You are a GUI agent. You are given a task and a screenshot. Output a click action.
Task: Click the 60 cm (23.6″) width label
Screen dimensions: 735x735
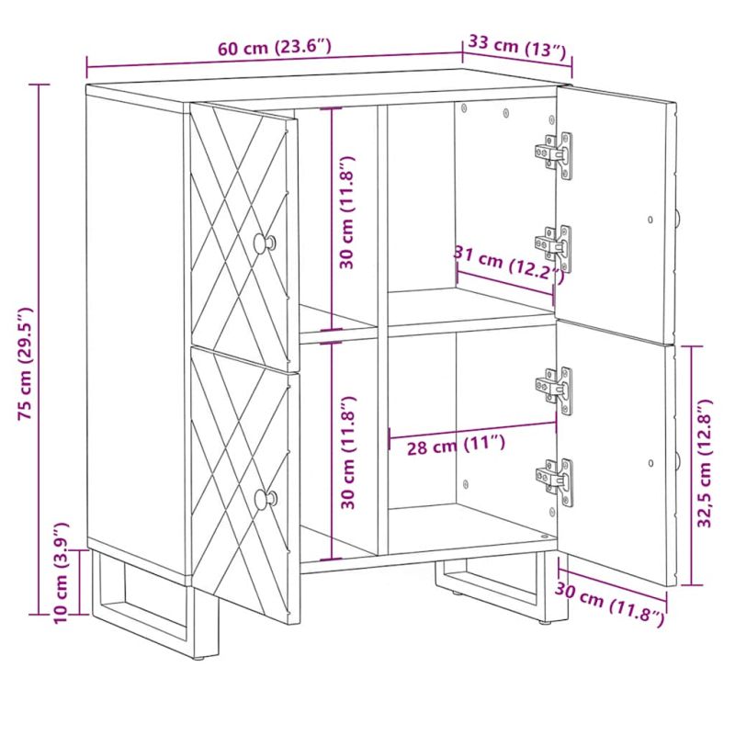275,48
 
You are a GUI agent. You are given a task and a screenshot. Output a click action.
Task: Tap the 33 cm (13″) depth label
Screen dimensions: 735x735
517,46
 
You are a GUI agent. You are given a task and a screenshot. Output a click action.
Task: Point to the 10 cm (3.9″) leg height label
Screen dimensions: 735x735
62,572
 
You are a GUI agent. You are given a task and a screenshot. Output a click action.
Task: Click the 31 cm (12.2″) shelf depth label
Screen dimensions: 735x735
509,265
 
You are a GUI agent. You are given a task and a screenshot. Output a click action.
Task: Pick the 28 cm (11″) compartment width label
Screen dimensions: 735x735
456,445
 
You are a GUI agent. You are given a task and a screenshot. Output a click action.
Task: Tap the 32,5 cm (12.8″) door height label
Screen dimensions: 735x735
705,464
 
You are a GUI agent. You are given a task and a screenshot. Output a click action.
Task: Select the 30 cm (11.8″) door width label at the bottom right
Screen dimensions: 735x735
610,605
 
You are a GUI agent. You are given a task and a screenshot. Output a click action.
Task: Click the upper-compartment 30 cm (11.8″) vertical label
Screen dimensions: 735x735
347,212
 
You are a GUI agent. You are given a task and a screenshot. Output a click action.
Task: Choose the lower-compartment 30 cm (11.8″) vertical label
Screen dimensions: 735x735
348,452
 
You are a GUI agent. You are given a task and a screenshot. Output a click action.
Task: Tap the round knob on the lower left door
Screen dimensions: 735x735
266,498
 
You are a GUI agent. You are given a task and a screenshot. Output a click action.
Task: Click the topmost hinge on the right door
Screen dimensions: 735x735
555,154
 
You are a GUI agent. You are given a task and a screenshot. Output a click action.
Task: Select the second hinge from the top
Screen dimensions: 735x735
555,248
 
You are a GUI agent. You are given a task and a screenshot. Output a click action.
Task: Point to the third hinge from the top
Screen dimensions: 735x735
555,390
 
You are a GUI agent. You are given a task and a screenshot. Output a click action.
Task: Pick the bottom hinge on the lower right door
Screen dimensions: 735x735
555,482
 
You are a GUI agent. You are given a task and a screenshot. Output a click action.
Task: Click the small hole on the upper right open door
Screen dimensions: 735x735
650,219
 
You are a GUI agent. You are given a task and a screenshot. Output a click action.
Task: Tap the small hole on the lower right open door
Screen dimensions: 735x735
650,463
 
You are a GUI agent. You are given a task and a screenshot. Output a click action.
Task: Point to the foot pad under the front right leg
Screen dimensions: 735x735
545,623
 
